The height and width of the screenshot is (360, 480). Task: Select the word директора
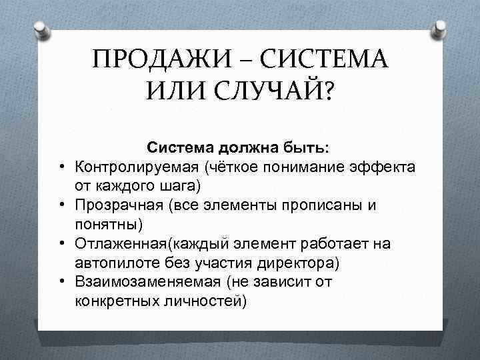tap(294, 263)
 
